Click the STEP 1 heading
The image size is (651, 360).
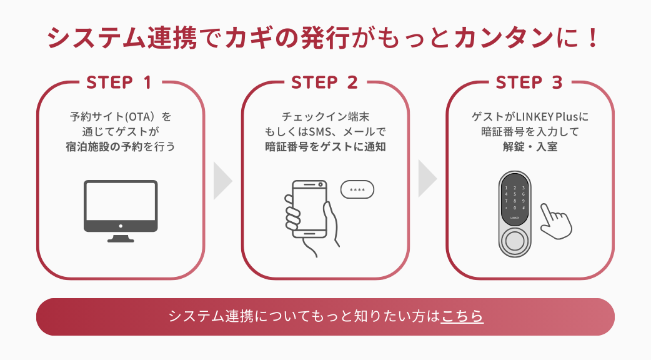[119, 82]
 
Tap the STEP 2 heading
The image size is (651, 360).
[324, 82]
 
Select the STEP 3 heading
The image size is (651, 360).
[529, 82]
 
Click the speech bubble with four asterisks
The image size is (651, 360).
[357, 190]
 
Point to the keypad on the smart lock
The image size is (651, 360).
[515, 198]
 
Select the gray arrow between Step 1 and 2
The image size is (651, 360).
[222, 181]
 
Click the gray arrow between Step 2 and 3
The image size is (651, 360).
[427, 181]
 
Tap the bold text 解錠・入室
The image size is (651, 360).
[529, 147]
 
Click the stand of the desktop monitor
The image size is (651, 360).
[121, 237]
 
